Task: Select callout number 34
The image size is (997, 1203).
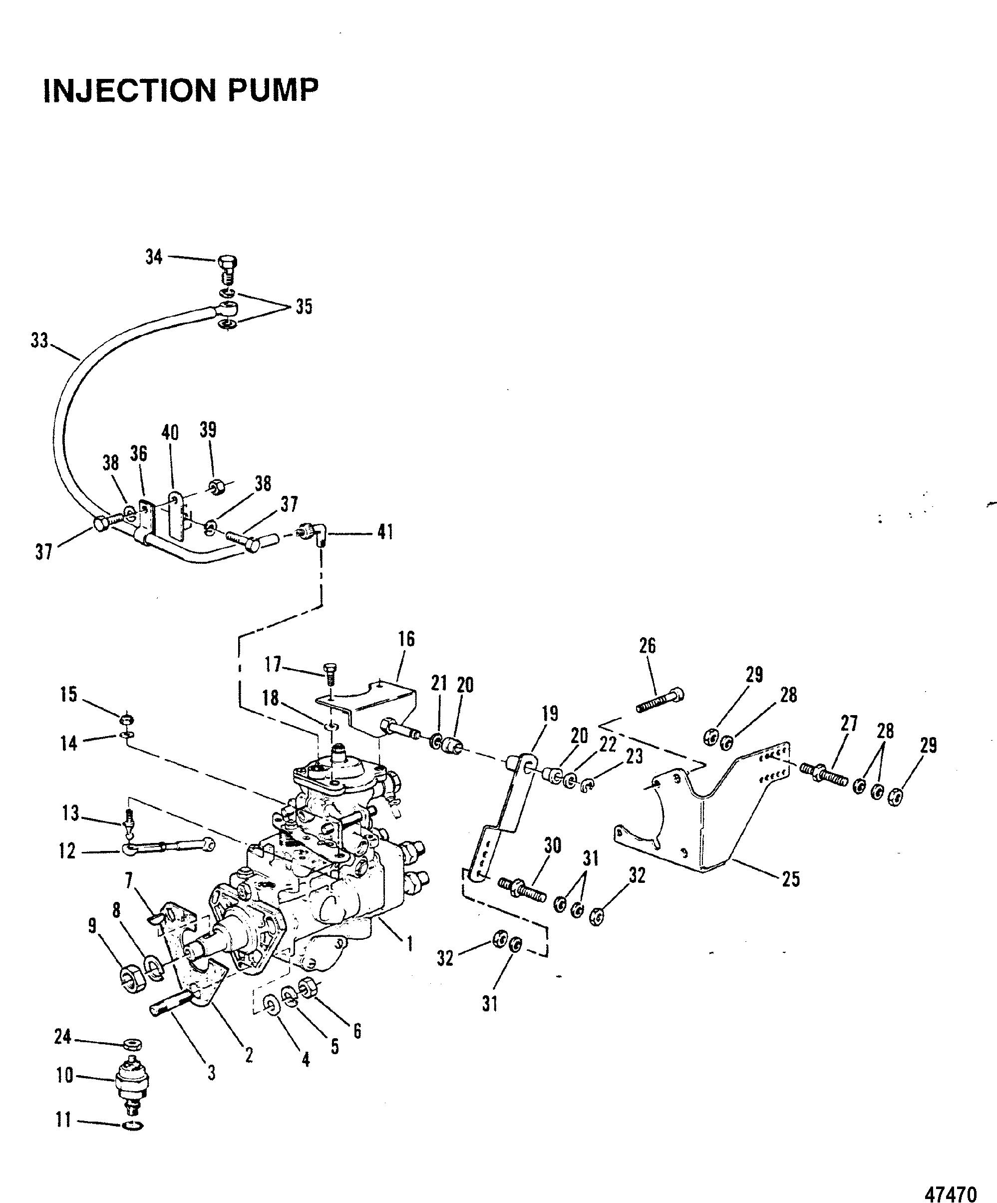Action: pyautogui.click(x=154, y=257)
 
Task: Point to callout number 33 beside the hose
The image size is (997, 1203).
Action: pyautogui.click(x=39, y=342)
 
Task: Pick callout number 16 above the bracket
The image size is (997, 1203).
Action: pyautogui.click(x=406, y=639)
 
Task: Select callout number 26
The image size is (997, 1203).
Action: pyautogui.click(x=647, y=646)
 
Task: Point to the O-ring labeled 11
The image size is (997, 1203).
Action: pyautogui.click(x=133, y=1125)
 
